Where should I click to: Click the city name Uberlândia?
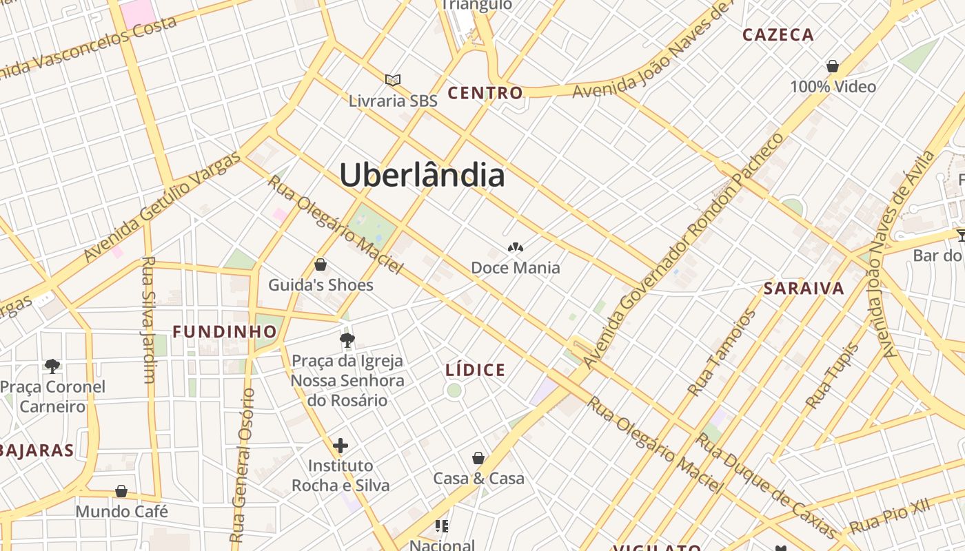pyautogui.click(x=422, y=175)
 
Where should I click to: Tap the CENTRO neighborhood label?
pyautogui.click(x=485, y=93)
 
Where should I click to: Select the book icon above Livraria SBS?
pyautogui.click(x=393, y=81)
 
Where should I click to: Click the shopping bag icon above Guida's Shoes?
pyautogui.click(x=321, y=264)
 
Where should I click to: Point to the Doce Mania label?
pyautogui.click(x=516, y=267)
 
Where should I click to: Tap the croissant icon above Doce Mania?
pyautogui.click(x=515, y=247)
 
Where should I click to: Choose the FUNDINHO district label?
pyautogui.click(x=225, y=332)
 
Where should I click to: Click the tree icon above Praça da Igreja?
pyautogui.click(x=347, y=340)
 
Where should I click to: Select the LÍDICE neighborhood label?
pyautogui.click(x=476, y=371)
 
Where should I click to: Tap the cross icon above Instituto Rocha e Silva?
pyautogui.click(x=341, y=446)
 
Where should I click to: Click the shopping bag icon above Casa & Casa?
pyautogui.click(x=478, y=458)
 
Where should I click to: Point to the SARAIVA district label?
pyautogui.click(x=804, y=289)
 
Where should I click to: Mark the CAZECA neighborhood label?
pyautogui.click(x=778, y=34)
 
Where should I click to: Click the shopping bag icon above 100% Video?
pyautogui.click(x=833, y=67)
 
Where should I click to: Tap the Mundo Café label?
pyautogui.click(x=122, y=512)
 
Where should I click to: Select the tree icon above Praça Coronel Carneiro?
pyautogui.click(x=52, y=366)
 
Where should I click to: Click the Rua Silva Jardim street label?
pyautogui.click(x=148, y=320)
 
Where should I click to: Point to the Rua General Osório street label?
pyautogui.click(x=243, y=465)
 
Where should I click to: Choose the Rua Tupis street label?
pyautogui.click(x=833, y=376)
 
